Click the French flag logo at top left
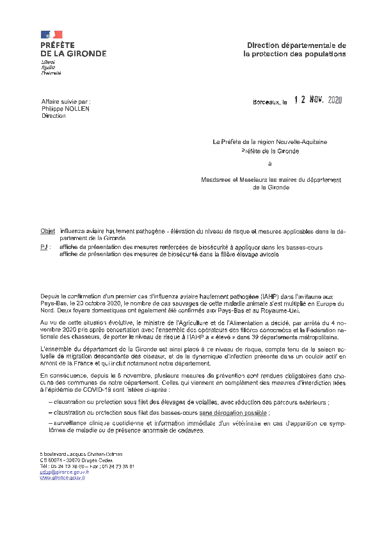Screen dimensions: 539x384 52,34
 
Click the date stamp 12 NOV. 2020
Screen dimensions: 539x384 318,101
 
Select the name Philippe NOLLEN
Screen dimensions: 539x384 65,109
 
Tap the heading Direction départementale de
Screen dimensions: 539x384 296,45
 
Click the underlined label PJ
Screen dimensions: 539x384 44,246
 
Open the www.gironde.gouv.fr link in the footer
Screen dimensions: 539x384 63,478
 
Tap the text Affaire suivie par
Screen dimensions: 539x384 66,102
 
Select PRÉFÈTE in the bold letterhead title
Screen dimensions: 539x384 58,46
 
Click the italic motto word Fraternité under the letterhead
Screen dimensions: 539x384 51,74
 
